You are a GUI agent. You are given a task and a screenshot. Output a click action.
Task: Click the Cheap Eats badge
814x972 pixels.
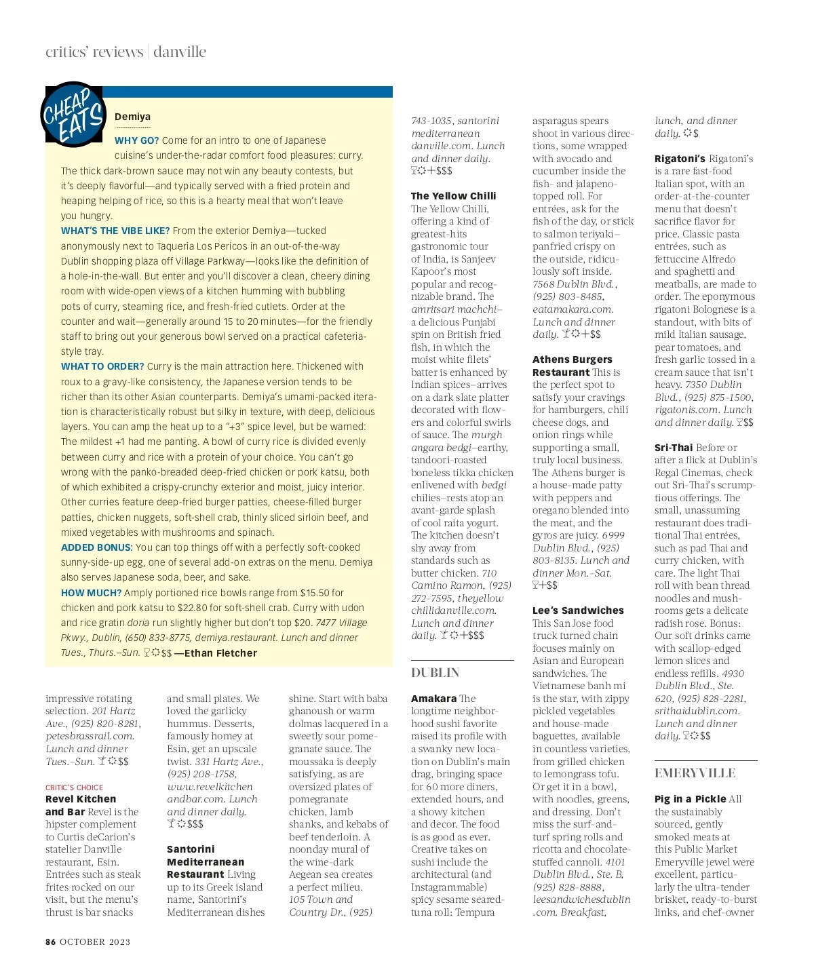(73, 116)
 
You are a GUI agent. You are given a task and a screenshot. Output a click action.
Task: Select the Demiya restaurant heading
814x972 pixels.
(132, 117)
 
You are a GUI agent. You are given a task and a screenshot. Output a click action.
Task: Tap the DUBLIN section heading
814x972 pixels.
(435, 673)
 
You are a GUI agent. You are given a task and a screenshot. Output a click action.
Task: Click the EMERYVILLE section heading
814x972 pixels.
(695, 773)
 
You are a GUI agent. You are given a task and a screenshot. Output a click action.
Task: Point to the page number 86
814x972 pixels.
(51, 941)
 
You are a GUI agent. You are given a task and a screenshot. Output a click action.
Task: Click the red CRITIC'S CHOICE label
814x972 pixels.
(75, 788)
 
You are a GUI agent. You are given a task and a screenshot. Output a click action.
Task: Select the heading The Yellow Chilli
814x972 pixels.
(453, 196)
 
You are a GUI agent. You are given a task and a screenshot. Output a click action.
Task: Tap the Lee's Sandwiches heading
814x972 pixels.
(578, 610)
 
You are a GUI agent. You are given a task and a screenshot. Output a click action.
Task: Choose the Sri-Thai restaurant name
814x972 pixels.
(674, 448)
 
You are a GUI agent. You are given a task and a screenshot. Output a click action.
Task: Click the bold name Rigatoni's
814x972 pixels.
(680, 159)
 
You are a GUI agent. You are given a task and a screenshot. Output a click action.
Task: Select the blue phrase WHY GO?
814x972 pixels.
(136, 140)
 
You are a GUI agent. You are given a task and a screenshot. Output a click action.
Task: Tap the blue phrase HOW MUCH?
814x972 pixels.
(91, 593)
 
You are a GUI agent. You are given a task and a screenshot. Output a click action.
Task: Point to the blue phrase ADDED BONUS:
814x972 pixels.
(96, 547)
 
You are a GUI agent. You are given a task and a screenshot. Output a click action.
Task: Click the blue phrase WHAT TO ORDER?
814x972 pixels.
(102, 366)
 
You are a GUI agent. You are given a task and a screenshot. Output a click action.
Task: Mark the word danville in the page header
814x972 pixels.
(180, 52)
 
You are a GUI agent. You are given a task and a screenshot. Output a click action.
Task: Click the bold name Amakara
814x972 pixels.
(433, 699)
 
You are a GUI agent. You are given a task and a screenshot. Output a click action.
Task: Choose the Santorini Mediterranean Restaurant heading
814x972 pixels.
(206, 861)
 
